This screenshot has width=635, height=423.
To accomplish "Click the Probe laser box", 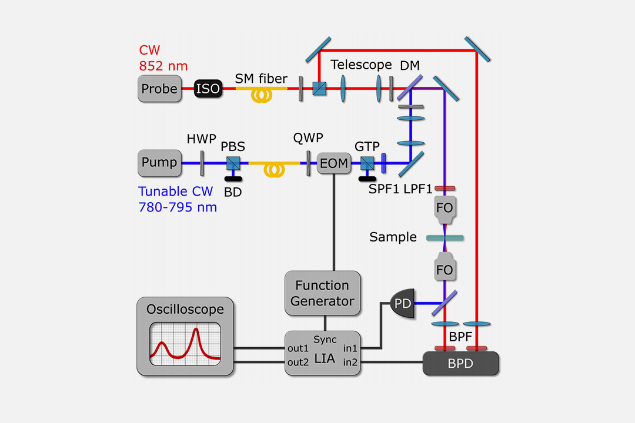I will tap(159, 89).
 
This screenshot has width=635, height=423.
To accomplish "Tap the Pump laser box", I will tap(159, 163).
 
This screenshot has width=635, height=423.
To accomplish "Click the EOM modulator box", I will tap(333, 163).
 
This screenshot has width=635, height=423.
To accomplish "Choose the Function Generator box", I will tap(322, 293).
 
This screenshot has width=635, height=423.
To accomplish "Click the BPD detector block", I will tap(462, 364).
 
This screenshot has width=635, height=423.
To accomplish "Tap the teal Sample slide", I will tap(444, 238).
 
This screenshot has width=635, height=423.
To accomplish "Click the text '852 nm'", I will tap(162, 66).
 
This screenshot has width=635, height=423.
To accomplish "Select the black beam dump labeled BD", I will tap(232, 179).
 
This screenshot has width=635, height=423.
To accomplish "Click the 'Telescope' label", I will tap(361, 65).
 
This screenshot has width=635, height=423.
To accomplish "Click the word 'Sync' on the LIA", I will tap(325, 340).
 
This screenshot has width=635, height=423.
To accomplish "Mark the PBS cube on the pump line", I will tap(232, 163).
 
